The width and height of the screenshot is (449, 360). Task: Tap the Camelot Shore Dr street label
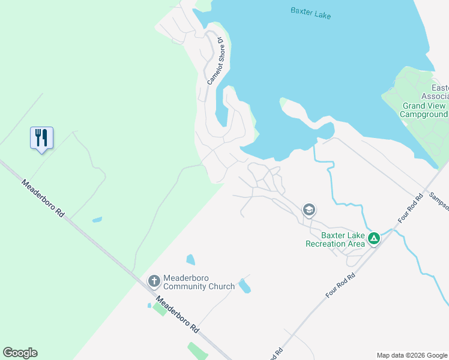215,61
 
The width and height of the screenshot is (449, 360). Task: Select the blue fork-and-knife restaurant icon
41,138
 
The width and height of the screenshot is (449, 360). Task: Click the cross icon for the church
154,280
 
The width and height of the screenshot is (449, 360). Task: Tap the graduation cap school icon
309,210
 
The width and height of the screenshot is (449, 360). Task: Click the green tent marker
373,239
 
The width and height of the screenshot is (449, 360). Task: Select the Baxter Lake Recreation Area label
335,239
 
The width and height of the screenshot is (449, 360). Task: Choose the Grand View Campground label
424,110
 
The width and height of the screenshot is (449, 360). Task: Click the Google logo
20,353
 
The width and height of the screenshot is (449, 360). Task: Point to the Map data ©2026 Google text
411,355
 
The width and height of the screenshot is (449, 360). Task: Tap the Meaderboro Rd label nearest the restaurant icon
43,198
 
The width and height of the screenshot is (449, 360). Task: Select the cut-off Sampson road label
439,200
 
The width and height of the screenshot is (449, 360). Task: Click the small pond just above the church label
190,260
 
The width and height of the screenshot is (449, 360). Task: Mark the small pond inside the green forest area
97,220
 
